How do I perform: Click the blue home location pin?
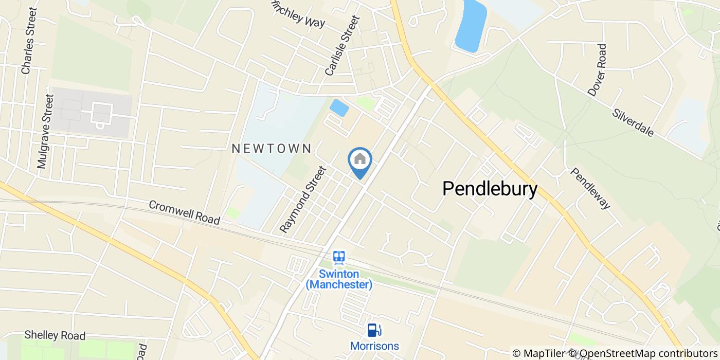pyautogui.click(x=360, y=161)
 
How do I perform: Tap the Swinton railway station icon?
pyautogui.click(x=338, y=257)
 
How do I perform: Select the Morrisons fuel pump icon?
pyautogui.click(x=374, y=330)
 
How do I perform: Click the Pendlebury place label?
pyautogui.click(x=490, y=189)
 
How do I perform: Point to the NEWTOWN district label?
pyautogui.click(x=272, y=149)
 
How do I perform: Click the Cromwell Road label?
pyautogui.click(x=184, y=212)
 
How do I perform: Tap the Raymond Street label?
pyautogui.click(x=303, y=199)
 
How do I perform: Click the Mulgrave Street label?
pyautogui.click(x=45, y=132)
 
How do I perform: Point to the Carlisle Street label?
pyautogui.click(x=342, y=45)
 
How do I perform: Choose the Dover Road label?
pyautogui.click(x=597, y=69)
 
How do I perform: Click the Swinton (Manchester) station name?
pyautogui.click(x=338, y=279)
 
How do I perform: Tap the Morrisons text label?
pyautogui.click(x=374, y=346)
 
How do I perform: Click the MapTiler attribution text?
pyautogui.click(x=538, y=353)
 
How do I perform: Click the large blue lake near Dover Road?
pyautogui.click(x=470, y=26)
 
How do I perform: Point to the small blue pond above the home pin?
pyautogui.click(x=339, y=108)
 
